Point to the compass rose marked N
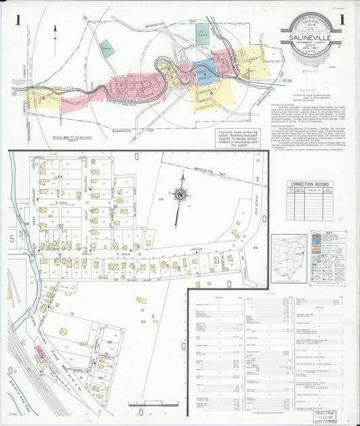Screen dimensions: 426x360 coord(180,194)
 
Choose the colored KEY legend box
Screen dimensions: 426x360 coord(328,257)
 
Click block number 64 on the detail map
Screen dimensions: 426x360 coord(59,176)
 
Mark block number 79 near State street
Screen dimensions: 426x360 coord(71,314)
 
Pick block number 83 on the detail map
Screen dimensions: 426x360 coord(144,322)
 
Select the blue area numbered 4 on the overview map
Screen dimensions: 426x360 coord(205,70)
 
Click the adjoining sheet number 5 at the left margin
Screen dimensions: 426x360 coord(11,238)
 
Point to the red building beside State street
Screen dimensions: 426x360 coord(39,351)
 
